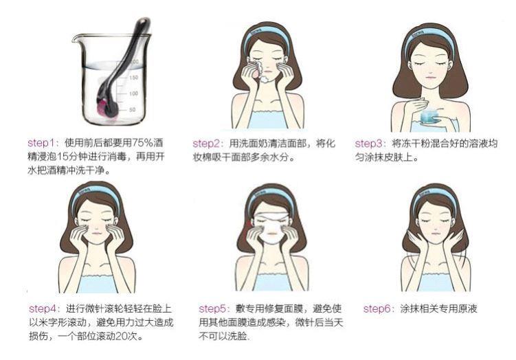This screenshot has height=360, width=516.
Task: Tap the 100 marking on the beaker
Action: point(133,93)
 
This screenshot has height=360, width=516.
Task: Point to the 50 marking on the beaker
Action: point(132,109)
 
